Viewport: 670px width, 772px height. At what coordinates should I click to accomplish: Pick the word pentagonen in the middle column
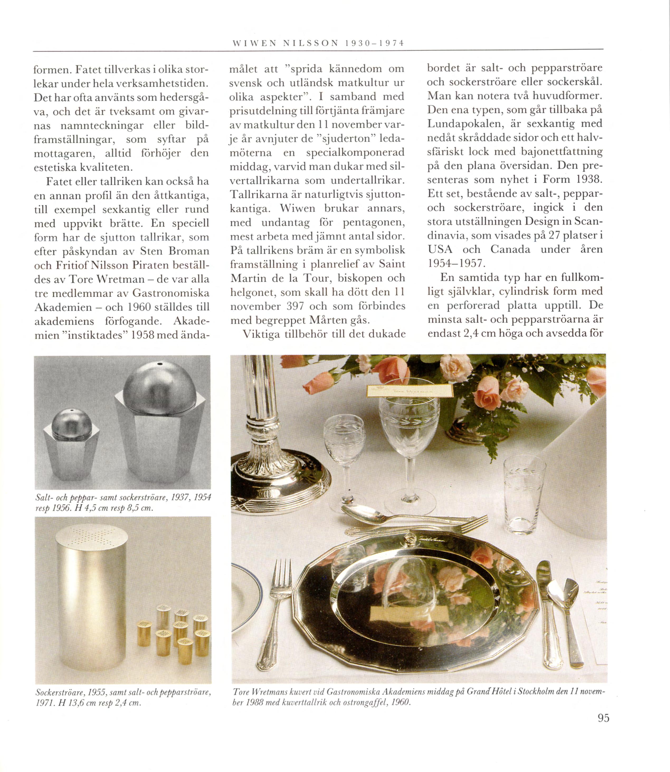click(374, 223)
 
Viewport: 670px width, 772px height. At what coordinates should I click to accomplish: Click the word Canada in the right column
click(510, 249)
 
